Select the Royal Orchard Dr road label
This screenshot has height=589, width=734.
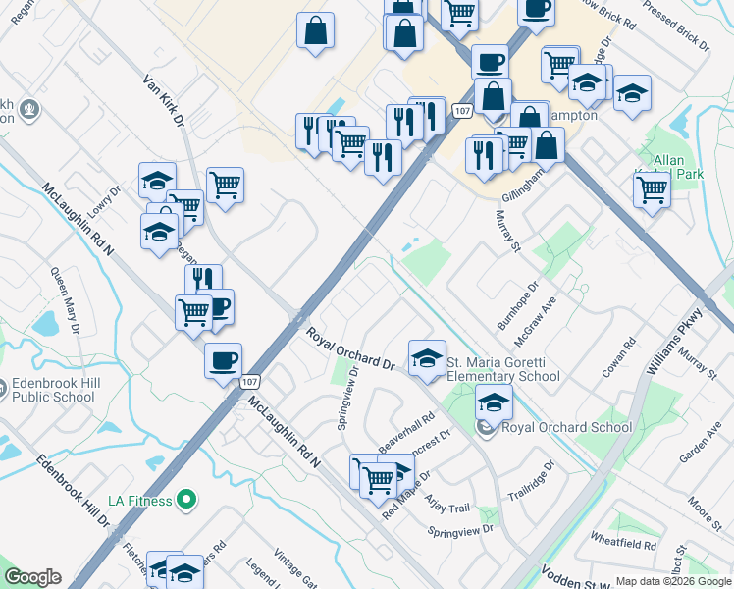[350, 350]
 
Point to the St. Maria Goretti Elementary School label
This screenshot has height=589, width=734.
[503, 369]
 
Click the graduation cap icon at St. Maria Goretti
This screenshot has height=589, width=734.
[427, 359]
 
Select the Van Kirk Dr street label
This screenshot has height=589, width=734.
[165, 102]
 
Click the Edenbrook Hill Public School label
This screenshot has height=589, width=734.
[54, 390]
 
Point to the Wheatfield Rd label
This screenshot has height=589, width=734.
[624, 543]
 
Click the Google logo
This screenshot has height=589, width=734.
[32, 577]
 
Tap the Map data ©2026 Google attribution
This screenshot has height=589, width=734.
[673, 581]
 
